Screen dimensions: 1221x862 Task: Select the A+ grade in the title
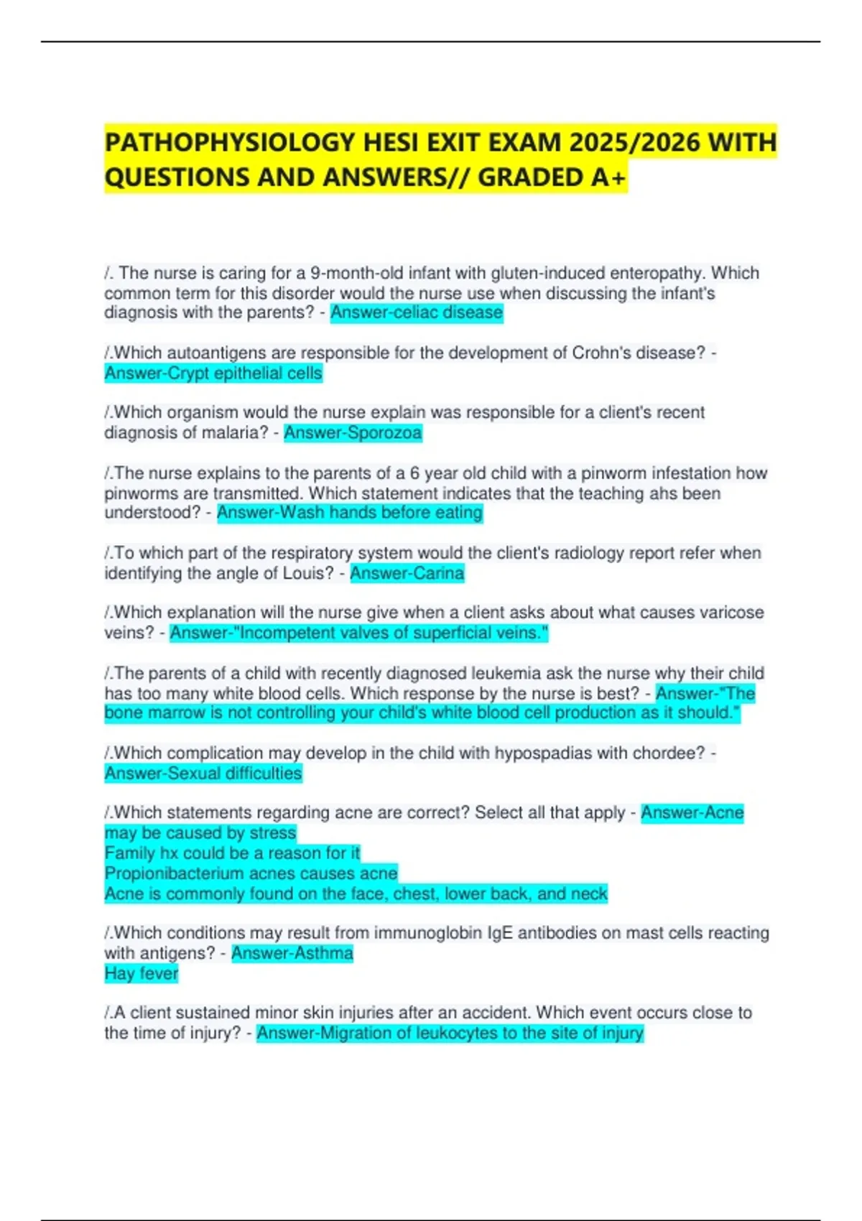(x=609, y=177)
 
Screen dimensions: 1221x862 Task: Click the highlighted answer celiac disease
(x=417, y=313)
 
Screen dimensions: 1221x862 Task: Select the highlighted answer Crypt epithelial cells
(x=213, y=373)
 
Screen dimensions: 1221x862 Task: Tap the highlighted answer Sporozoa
(x=353, y=433)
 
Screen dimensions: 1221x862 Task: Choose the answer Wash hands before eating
(x=350, y=513)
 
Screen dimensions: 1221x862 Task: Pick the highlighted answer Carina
(x=407, y=573)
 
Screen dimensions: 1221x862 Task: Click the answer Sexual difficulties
(x=203, y=774)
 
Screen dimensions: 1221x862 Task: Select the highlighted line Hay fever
(x=141, y=974)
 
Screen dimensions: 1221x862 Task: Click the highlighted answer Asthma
(x=292, y=954)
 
